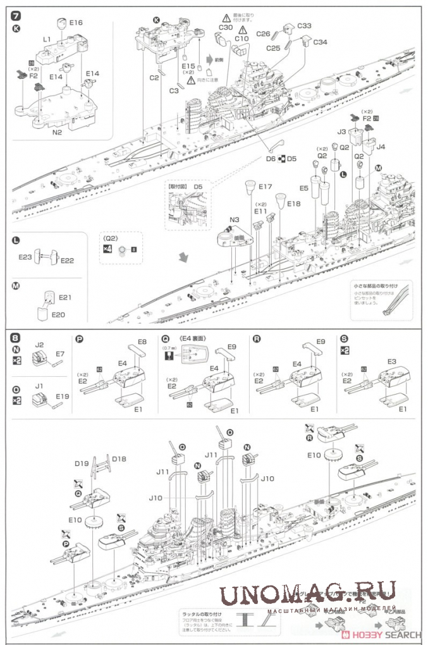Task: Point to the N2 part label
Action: [x=56, y=132]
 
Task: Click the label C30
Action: [x=226, y=27]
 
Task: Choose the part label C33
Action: [x=305, y=27]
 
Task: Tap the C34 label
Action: [x=320, y=42]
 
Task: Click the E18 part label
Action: [x=294, y=204]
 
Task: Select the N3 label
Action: [x=234, y=219]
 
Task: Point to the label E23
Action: [x=26, y=257]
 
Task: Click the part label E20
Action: [x=58, y=314]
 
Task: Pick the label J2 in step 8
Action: [x=39, y=345]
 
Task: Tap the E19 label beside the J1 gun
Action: [x=61, y=396]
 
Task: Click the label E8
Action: [x=142, y=341]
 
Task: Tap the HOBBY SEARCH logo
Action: [x=382, y=634]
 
